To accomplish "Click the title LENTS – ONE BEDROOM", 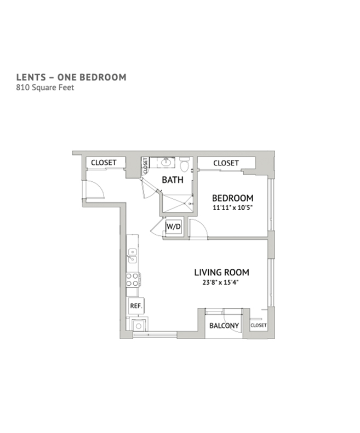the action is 71,77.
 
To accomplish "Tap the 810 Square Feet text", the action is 45,88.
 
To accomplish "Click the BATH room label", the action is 173,180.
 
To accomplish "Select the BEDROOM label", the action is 232,198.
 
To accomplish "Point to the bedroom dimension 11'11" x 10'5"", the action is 233,207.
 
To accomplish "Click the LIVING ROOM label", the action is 221,272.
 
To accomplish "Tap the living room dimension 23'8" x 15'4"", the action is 220,282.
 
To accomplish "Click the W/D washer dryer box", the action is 174,227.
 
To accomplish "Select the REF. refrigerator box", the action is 136,305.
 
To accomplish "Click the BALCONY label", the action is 224,326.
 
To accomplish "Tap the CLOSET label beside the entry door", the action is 104,163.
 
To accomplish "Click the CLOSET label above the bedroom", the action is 226,163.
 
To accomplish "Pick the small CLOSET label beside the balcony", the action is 259,325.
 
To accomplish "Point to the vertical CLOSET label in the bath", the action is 145,166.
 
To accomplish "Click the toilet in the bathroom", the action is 184,164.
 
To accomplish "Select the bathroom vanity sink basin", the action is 166,163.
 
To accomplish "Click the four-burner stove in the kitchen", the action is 133,280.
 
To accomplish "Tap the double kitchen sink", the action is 133,256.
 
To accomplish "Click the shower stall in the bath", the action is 177,204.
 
